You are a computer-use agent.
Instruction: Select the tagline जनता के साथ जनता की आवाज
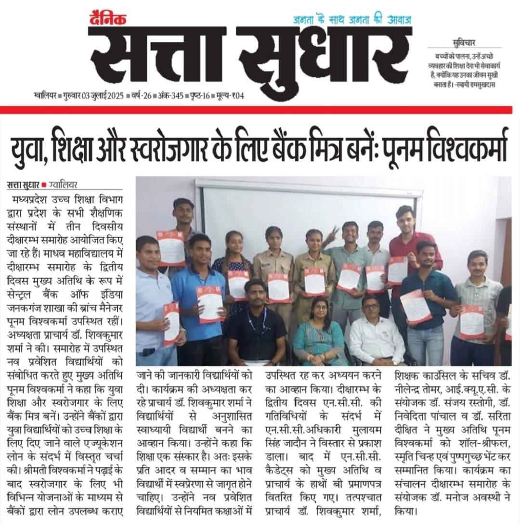(354, 20)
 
